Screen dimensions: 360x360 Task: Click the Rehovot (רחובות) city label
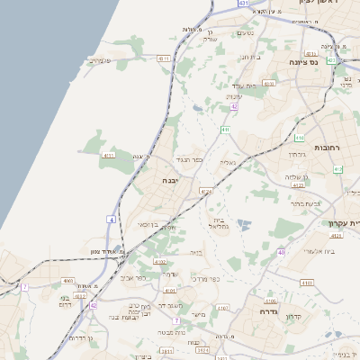point(325,146)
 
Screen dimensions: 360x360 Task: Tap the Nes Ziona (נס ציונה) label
point(306,62)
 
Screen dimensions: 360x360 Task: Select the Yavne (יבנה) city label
point(169,180)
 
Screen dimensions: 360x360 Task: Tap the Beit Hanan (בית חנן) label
point(249,57)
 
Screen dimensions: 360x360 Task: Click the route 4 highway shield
point(111,219)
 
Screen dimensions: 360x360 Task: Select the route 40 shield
point(281,252)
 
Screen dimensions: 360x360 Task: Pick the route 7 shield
point(177,320)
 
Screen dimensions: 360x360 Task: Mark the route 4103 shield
point(308,283)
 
